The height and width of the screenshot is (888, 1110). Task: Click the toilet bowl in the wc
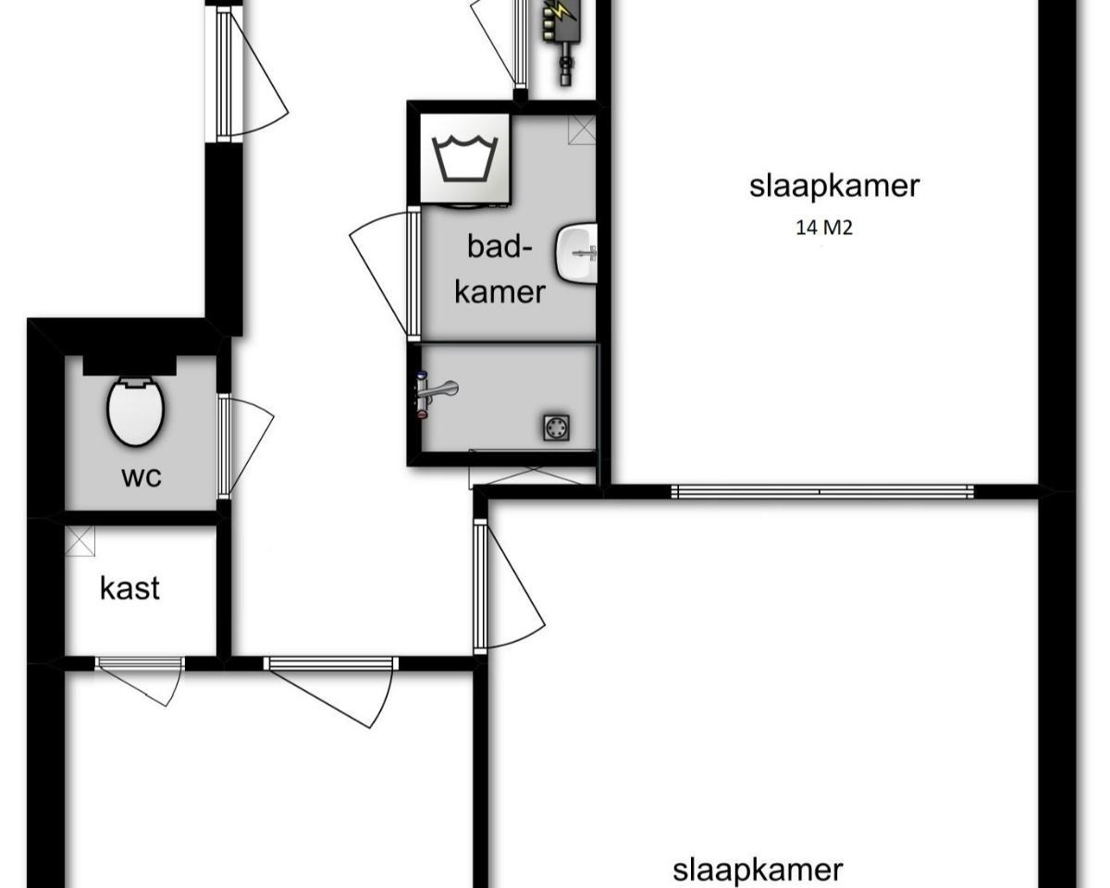[x=136, y=412]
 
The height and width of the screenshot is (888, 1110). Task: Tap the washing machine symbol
[x=465, y=159]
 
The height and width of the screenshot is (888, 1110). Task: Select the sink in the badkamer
[x=576, y=253]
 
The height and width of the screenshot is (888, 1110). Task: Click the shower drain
[x=557, y=427]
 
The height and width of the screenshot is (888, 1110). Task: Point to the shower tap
[x=436, y=395]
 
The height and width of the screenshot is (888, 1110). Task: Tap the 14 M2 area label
[x=824, y=228]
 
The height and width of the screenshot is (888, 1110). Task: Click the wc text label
[x=142, y=477]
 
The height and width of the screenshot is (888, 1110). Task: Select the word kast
[x=130, y=587]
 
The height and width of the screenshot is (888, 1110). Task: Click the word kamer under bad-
[x=499, y=292]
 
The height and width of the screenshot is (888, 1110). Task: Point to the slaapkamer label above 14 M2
[x=834, y=186]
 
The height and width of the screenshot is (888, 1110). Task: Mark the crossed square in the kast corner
[x=80, y=541]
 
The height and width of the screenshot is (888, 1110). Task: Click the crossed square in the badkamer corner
[x=582, y=129]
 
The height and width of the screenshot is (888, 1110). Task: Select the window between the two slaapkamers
[x=822, y=492]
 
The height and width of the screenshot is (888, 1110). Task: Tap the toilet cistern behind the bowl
[x=130, y=365]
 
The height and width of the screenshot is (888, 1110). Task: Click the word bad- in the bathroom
[x=499, y=247]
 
